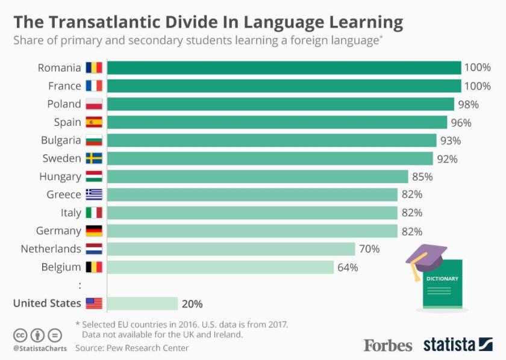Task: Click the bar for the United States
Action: click(142, 303)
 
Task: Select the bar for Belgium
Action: click(220, 267)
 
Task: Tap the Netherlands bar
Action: click(231, 249)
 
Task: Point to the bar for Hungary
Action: click(257, 177)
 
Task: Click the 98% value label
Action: click(468, 104)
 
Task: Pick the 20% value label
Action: click(192, 303)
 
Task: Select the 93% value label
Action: click(450, 141)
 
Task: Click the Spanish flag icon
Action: click(94, 122)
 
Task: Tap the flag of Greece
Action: click(94, 194)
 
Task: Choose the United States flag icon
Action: click(94, 303)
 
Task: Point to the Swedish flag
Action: click(94, 158)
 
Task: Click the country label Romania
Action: click(59, 67)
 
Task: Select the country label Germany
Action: click(58, 231)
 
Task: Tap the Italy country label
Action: click(70, 213)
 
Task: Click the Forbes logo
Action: click(387, 345)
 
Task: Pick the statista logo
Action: click(457, 345)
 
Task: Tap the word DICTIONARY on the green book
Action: click(442, 279)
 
